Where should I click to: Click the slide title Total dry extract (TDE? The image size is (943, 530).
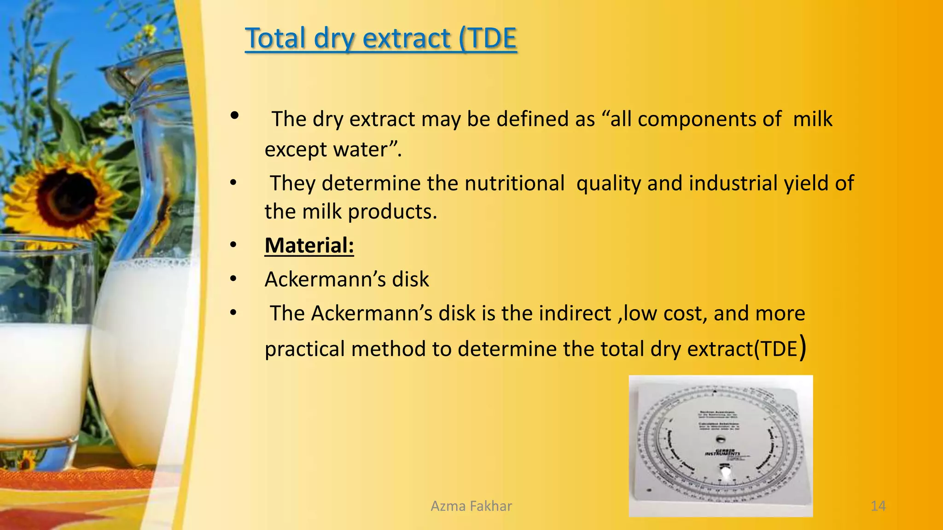[380, 38]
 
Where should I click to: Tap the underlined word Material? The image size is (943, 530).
[309, 245]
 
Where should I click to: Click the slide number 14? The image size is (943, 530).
[878, 506]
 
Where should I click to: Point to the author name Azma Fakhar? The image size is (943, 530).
[471, 506]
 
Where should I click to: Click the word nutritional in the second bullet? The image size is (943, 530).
[514, 183]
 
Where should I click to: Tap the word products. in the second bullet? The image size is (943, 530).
[392, 212]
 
